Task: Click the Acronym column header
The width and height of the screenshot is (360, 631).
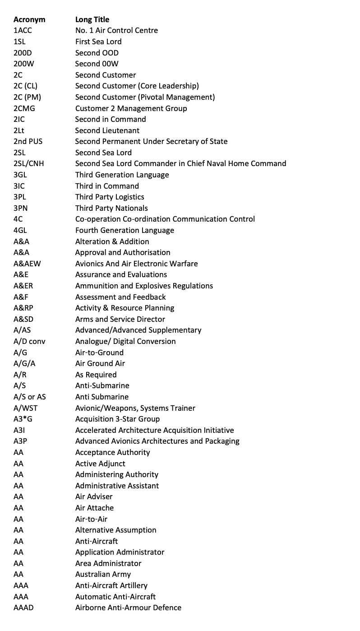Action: click(29, 19)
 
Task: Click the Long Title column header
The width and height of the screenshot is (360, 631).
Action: click(92, 19)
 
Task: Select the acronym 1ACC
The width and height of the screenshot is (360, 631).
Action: click(23, 31)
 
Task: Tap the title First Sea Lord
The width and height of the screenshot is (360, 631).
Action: click(98, 42)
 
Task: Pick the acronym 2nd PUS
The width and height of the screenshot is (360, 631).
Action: click(28, 141)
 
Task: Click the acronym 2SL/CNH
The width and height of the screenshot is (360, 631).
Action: click(29, 163)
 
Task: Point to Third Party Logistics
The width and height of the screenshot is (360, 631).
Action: click(110, 197)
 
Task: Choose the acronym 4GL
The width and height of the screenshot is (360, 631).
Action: click(21, 230)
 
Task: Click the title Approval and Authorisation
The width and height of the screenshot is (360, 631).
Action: click(123, 252)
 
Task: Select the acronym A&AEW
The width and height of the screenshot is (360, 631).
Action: click(27, 264)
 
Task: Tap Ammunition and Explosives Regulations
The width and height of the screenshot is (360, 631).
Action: click(144, 286)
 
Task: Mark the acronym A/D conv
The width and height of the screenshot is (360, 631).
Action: click(29, 341)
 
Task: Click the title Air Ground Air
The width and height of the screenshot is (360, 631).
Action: click(100, 363)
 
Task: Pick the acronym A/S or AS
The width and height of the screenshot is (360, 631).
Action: click(30, 397)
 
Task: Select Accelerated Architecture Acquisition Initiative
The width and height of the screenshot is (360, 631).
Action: click(154, 430)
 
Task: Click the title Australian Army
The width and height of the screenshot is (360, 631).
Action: click(103, 574)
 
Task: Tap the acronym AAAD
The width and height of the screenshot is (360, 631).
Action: click(23, 608)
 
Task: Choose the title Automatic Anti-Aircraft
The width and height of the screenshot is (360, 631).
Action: click(115, 596)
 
